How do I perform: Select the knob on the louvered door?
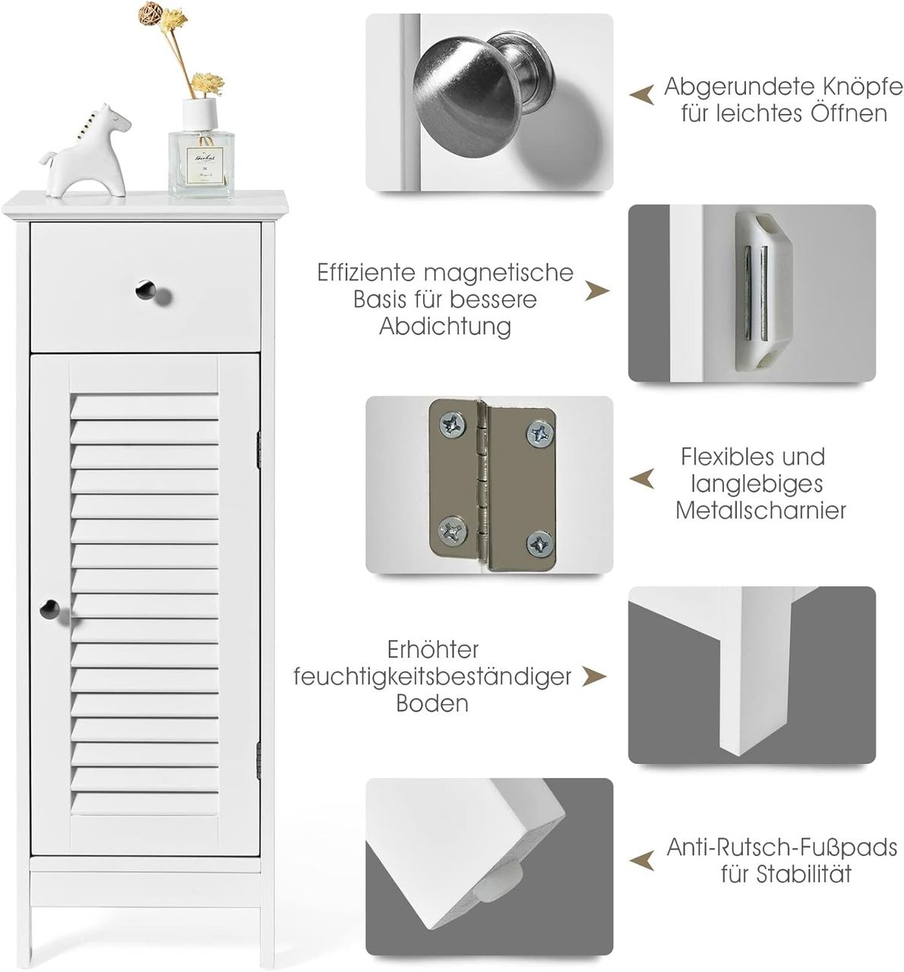pos(49,608)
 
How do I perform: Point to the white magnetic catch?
pos(762,291)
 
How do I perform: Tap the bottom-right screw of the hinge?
pos(540,543)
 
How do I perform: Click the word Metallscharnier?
pos(760,510)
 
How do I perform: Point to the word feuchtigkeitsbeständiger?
pos(432,677)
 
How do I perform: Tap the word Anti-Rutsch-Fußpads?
pos(782,847)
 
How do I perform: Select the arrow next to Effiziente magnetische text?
pos(597,291)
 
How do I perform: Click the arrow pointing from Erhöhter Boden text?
pos(595,677)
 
